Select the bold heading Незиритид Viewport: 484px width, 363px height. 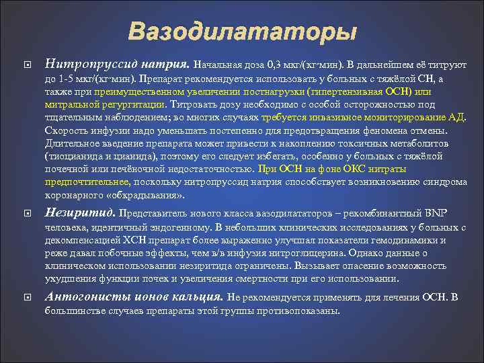coord(80,213)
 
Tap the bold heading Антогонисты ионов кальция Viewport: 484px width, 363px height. coord(134,296)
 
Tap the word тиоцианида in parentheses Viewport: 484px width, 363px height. coord(73,156)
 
